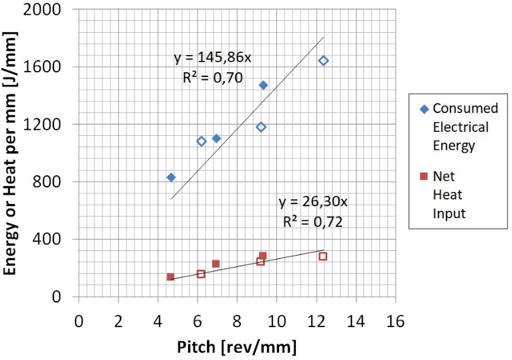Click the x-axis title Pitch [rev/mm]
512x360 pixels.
coord(236,347)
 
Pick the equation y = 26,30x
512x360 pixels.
coord(312,202)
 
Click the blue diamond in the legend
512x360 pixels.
coord(423,108)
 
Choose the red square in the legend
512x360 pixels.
coord(423,177)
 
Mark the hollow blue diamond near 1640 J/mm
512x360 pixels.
coord(323,61)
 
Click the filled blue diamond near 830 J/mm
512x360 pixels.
coord(171,177)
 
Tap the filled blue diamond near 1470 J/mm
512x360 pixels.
coord(263,85)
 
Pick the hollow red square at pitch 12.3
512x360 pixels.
coord(323,256)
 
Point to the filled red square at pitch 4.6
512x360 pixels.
coord(170,276)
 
